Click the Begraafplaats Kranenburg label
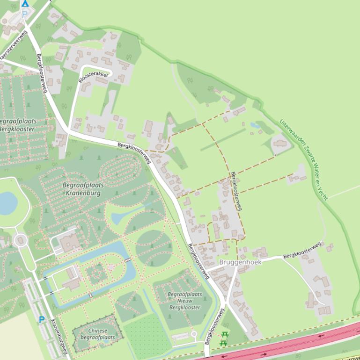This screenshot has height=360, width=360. pyautogui.click(x=83, y=188)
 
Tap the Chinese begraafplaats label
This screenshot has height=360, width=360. pyautogui.click(x=97, y=334)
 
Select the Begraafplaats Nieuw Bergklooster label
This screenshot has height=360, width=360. pyautogui.click(x=184, y=301)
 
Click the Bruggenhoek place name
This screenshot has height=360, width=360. pyautogui.click(x=240, y=262)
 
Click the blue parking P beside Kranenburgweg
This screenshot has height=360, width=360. pyautogui.click(x=42, y=320)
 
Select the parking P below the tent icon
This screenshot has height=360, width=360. pyautogui.click(x=24, y=14)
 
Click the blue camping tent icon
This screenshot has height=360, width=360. pyautogui.click(x=25, y=3)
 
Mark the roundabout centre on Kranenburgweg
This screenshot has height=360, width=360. pyautogui.click(x=21, y=241)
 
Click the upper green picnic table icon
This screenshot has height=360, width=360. pyautogui.click(x=224, y=335)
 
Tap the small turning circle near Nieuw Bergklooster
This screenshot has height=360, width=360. pyautogui.click(x=194, y=334)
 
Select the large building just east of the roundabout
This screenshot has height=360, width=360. pyautogui.click(x=70, y=242)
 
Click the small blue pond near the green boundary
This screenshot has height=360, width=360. pyautogui.click(x=255, y=125)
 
